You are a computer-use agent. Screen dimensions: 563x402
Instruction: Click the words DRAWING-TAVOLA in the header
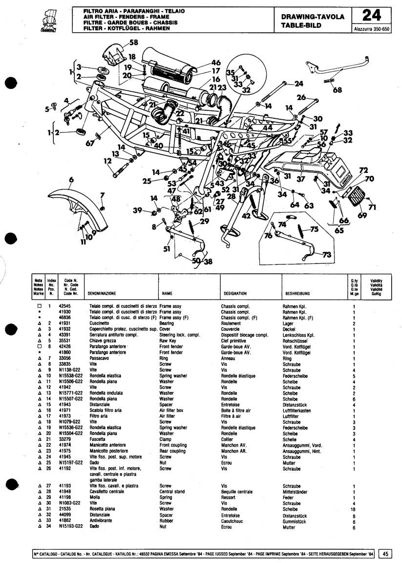(313, 17)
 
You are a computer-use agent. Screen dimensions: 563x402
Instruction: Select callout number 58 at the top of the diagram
(133, 43)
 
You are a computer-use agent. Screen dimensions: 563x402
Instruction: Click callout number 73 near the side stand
(326, 255)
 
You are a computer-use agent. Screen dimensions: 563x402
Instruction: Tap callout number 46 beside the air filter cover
(216, 63)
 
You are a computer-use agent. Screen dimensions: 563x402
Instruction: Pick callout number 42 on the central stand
(247, 216)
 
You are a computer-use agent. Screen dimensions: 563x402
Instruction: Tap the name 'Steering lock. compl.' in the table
(180, 335)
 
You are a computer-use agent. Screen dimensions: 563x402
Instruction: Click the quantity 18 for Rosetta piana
(354, 509)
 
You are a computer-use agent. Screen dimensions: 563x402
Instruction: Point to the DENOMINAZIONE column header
(102, 294)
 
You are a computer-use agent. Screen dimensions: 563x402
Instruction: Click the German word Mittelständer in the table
(296, 492)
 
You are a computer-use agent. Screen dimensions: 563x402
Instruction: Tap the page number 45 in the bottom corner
(386, 554)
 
